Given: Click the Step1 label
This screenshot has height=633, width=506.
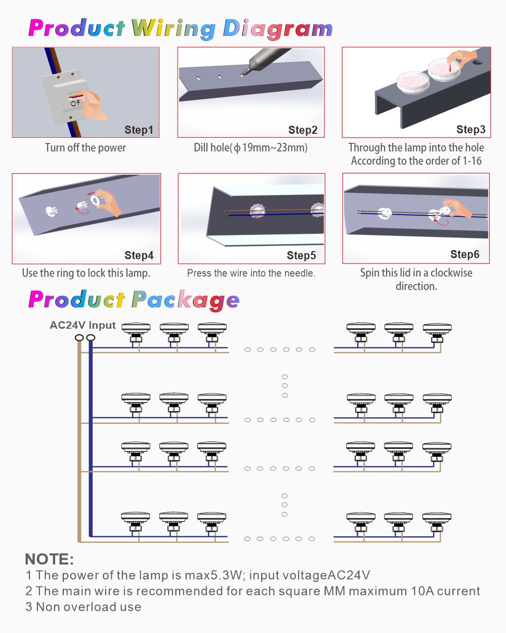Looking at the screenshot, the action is pyautogui.click(x=139, y=130).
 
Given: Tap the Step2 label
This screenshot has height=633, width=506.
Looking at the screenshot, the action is pyautogui.click(x=303, y=130).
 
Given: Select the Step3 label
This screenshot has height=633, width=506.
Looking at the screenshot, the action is pyautogui.click(x=471, y=129).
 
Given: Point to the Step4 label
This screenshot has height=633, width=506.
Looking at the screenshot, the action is pyautogui.click(x=139, y=255).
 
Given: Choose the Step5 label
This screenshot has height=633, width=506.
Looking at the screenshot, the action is pyautogui.click(x=302, y=255).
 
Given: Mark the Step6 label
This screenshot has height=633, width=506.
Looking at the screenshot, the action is pyautogui.click(x=465, y=254).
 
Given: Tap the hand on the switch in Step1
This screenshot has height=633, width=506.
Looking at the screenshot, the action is pyautogui.click(x=91, y=105).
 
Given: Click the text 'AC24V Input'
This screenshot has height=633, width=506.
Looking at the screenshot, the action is pyautogui.click(x=82, y=325).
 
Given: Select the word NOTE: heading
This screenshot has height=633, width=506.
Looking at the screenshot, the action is pyautogui.click(x=50, y=559).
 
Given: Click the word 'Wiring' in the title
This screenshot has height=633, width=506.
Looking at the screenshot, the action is pyautogui.click(x=174, y=29).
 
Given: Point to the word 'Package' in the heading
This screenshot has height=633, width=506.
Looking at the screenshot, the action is pyautogui.click(x=185, y=300).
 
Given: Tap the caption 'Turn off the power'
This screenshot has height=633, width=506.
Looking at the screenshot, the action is pyautogui.click(x=86, y=147).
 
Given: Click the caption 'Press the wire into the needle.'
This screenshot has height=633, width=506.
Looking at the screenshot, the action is pyautogui.click(x=251, y=273).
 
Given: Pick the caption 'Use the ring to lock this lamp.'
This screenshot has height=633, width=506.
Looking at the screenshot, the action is pyautogui.click(x=86, y=273).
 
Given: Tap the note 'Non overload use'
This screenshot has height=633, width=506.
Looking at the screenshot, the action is pyautogui.click(x=89, y=607).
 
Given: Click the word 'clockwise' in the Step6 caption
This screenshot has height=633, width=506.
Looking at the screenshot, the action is pyautogui.click(x=451, y=272).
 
